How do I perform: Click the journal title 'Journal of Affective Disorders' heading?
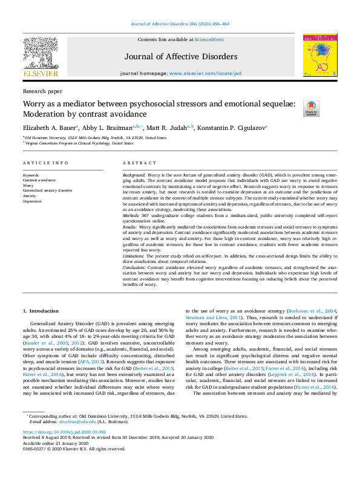click(x=181, y=57)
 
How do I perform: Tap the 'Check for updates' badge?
click(x=311, y=108)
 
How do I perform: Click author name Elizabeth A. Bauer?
click(x=50, y=128)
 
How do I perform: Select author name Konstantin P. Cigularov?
click(x=223, y=128)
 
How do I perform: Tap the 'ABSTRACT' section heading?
click(x=140, y=163)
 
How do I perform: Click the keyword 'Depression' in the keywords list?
click(x=33, y=201)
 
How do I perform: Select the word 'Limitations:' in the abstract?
click(x=136, y=256)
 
